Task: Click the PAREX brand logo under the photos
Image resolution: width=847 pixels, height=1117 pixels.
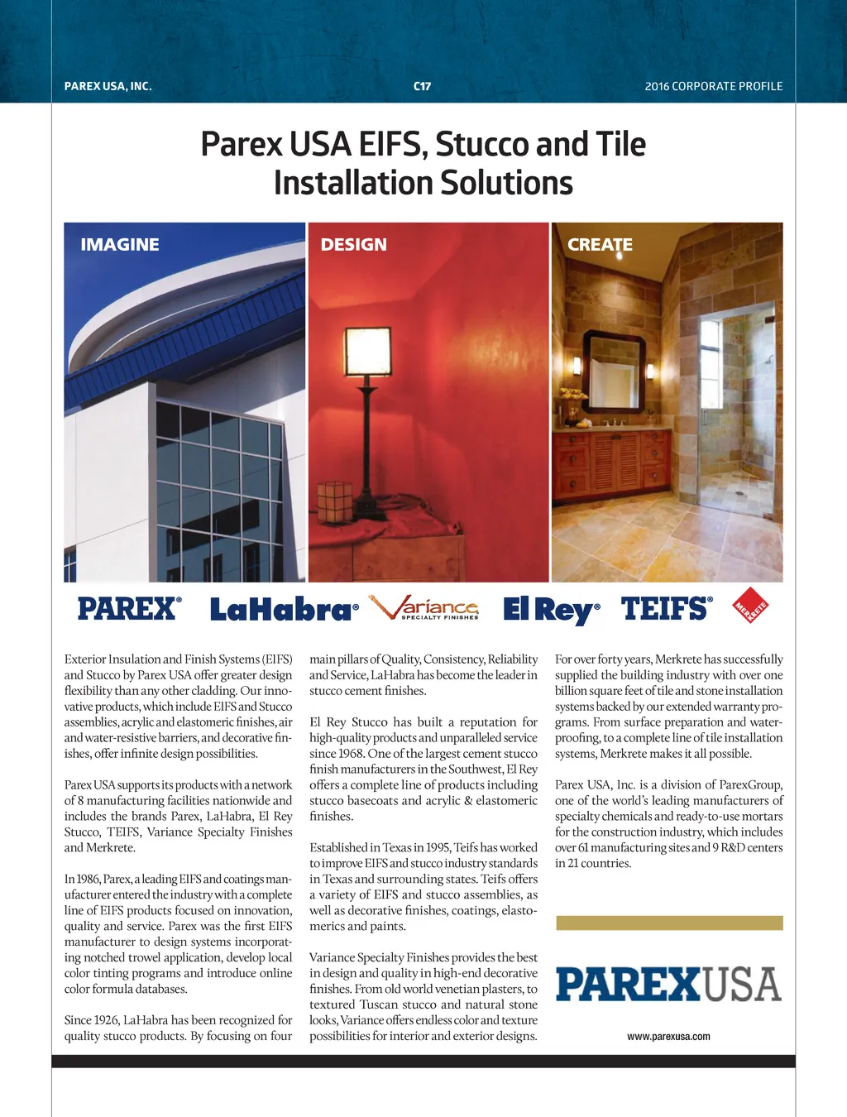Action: tap(129, 609)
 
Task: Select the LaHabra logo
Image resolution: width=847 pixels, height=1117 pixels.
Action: tap(283, 611)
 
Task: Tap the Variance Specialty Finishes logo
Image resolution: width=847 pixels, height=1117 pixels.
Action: tap(423, 608)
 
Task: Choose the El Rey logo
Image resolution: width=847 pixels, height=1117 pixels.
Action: tap(551, 611)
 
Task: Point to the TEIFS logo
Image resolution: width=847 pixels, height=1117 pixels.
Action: tap(666, 609)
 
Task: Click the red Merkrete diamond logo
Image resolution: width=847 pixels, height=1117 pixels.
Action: tap(751, 606)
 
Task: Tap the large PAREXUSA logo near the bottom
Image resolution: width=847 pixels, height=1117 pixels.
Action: tap(668, 984)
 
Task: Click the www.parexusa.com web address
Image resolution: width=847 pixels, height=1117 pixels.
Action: tap(668, 1037)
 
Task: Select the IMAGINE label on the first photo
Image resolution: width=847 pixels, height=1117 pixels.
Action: tap(120, 245)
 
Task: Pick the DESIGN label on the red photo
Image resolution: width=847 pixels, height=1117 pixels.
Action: tap(353, 245)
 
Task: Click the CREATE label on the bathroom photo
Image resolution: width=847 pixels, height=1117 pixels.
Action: tap(600, 245)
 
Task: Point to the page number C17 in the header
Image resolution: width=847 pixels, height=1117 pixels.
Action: tap(422, 86)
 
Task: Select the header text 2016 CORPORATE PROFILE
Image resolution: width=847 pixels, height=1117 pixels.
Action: tap(713, 86)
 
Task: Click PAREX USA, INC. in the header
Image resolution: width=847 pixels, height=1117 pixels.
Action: tap(108, 86)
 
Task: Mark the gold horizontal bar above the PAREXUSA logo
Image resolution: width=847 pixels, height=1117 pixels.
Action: tap(669, 923)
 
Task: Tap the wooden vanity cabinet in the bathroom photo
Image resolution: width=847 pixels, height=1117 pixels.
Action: tap(611, 459)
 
